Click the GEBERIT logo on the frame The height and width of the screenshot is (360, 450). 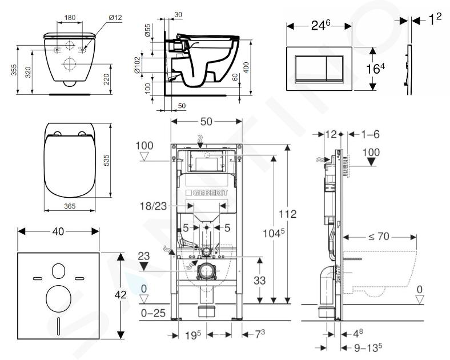(207, 193)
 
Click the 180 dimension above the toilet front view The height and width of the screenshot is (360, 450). (70, 18)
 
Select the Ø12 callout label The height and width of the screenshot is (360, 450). (115, 18)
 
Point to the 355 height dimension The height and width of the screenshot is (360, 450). (14, 70)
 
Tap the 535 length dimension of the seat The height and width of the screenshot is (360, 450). (106, 161)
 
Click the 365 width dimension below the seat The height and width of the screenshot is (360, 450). (70, 206)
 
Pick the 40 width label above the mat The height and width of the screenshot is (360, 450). (58, 231)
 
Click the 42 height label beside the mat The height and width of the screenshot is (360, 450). (120, 295)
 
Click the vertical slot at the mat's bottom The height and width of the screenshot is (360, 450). (59, 326)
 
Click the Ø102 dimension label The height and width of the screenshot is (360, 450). (137, 65)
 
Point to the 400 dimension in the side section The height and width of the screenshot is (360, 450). (246, 68)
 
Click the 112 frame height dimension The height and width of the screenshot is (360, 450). (288, 214)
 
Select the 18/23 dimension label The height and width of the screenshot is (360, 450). (153, 206)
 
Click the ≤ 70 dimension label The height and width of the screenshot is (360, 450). (379, 237)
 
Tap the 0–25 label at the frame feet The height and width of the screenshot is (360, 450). (154, 313)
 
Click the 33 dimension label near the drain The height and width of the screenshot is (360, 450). (260, 281)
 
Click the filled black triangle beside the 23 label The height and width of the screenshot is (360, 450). (144, 266)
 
